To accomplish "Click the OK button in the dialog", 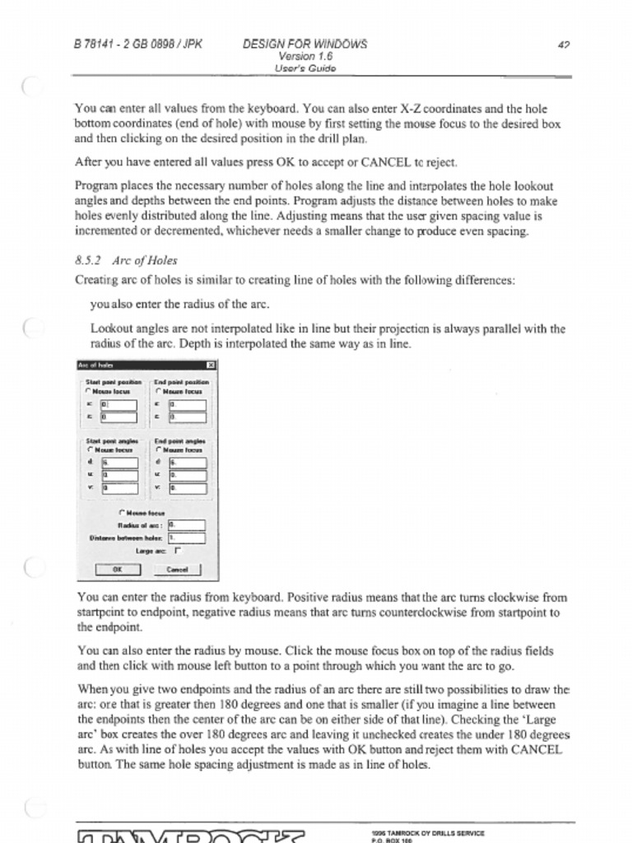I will pos(118,569).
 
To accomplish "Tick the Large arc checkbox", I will pos(177,551).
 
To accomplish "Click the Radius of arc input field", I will pos(185,524).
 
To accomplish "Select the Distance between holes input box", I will pos(185,538).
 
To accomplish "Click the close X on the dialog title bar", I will pos(211,365).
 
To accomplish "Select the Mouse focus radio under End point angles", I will pos(158,450).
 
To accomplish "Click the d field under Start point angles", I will pos(119,463).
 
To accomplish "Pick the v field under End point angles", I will pos(187,488).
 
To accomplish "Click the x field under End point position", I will pos(187,405).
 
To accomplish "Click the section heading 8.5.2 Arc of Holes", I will pos(126,261).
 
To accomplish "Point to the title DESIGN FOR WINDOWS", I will pos(304,44).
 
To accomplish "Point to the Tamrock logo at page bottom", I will pos(190,836).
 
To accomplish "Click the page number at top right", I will pos(564,46).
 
